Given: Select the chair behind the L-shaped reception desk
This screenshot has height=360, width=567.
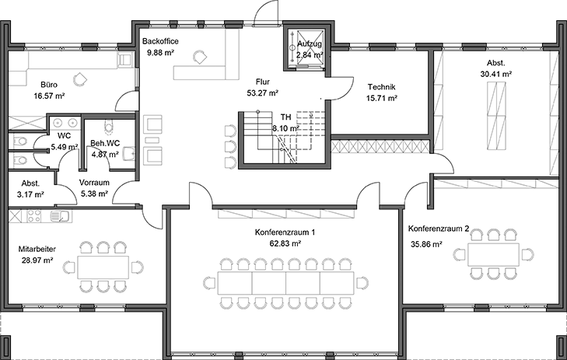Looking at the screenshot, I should point(200,56).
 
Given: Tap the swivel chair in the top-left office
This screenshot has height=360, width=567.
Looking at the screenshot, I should point(78,78).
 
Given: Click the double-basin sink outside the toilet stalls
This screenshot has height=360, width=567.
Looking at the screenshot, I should point(65,122).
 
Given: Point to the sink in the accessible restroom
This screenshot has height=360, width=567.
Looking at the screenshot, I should point(129,152).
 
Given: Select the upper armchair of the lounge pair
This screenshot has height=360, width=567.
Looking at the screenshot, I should point(152,124).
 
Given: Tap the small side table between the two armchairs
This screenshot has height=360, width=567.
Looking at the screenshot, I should point(152,141).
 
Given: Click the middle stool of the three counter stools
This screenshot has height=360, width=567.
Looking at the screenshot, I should point(230,145).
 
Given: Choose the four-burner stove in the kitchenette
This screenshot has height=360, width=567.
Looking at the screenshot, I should point(33,215).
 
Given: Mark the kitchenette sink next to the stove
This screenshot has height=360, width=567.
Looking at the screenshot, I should point(58,215).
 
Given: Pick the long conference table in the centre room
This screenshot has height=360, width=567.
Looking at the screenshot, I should point(287,281).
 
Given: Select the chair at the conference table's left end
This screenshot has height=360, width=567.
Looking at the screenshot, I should point(210,281).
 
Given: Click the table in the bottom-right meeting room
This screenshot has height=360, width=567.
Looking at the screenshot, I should point(493,253).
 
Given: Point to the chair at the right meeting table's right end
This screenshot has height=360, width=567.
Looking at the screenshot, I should point(527,253).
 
